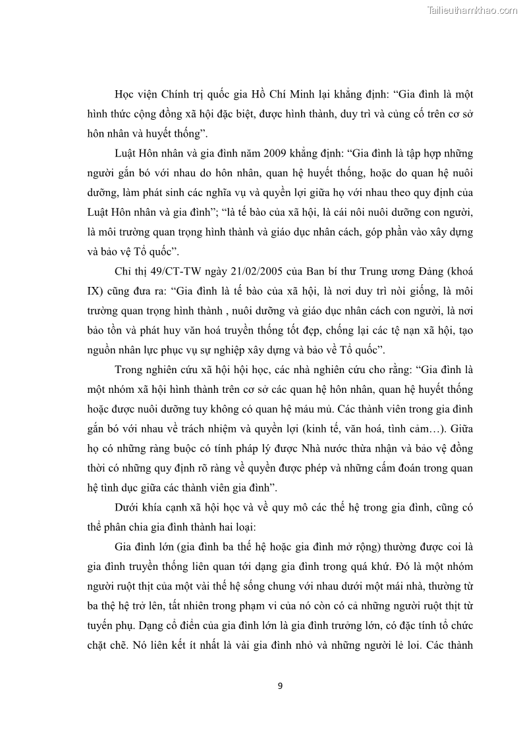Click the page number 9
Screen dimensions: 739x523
point(280,686)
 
